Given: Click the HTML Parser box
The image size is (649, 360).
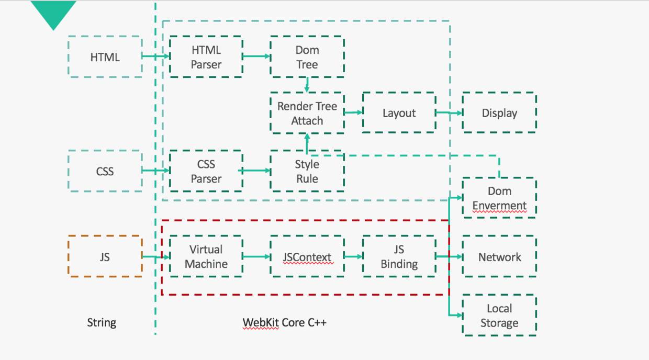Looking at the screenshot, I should click(206, 57).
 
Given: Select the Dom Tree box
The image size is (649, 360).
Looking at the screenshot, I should click(307, 57).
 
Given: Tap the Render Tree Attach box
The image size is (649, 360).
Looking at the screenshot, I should click(307, 113).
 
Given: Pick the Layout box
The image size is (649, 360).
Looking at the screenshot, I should click(399, 113).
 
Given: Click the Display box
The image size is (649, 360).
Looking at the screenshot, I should click(499, 113).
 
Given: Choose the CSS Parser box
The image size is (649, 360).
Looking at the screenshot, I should click(206, 171).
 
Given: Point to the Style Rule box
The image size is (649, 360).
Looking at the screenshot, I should click(307, 171).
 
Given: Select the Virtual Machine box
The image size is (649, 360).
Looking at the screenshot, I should click(206, 256).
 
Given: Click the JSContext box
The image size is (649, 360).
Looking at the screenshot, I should click(307, 256).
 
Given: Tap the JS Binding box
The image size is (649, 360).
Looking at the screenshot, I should click(399, 256).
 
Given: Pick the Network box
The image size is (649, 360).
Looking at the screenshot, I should click(499, 256).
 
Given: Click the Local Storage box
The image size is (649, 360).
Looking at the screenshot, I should click(499, 316).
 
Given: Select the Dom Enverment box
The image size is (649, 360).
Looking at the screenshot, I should click(499, 198).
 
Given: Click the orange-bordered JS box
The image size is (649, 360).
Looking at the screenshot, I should click(105, 256).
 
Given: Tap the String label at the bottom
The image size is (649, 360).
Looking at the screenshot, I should click(102, 322).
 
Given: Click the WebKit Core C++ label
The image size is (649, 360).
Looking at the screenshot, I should click(284, 322).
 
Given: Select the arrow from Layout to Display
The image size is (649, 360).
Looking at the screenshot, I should click(449, 113).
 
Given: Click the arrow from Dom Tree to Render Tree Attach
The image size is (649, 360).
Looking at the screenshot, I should click(307, 84).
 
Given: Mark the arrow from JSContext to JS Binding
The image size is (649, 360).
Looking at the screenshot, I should click(353, 256).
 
